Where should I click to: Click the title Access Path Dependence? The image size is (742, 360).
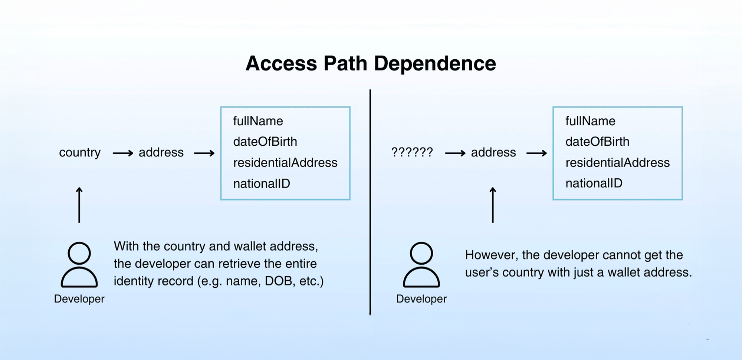pyautogui.click(x=371, y=63)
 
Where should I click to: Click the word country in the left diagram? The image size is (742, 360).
pyautogui.click(x=80, y=152)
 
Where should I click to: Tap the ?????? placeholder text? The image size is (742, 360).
pyautogui.click(x=412, y=152)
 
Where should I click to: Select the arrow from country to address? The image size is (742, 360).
pyautogui.click(x=123, y=153)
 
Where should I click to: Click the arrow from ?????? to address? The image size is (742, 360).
pyautogui.click(x=455, y=153)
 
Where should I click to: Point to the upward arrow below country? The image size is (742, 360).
pyautogui.click(x=79, y=205)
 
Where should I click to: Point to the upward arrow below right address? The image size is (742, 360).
pyautogui.click(x=493, y=205)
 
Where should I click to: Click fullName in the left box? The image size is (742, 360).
pyautogui.click(x=258, y=121)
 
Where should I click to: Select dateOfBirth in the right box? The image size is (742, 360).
pyautogui.click(x=597, y=142)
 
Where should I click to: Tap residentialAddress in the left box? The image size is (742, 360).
pyautogui.click(x=285, y=162)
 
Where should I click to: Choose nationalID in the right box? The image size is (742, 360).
pyautogui.click(x=594, y=183)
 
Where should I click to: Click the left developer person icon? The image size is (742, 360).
pyautogui.click(x=79, y=265)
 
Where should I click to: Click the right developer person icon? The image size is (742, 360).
pyautogui.click(x=421, y=265)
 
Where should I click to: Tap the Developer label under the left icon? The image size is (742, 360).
pyautogui.click(x=79, y=299)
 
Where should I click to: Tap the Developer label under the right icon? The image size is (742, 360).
pyautogui.click(x=421, y=299)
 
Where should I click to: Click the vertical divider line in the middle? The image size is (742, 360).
pyautogui.click(x=370, y=202)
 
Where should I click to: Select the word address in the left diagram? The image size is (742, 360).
pyautogui.click(x=161, y=152)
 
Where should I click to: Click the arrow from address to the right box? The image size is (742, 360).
pyautogui.click(x=536, y=153)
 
